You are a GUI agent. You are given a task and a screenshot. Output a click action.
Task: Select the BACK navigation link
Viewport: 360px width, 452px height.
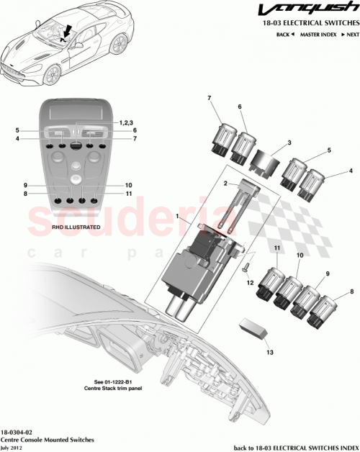tap(286, 35)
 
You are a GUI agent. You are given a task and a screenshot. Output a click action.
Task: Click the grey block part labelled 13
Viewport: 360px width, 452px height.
tap(254, 327)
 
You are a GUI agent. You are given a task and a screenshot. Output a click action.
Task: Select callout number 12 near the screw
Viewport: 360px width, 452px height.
tap(251, 283)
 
